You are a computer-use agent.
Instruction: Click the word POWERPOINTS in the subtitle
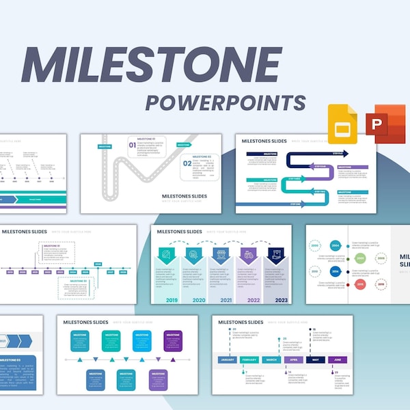[225, 102]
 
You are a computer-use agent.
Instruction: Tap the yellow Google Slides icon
[342, 124]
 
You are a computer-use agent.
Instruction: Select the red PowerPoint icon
[387, 124]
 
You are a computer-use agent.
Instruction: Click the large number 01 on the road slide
[131, 145]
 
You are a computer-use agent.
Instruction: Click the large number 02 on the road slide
[187, 164]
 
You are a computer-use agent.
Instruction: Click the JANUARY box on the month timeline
[228, 359]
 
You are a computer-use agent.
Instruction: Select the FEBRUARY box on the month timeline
[249, 359]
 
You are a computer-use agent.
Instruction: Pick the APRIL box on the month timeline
[292, 359]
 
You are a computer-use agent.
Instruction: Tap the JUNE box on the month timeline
[336, 359]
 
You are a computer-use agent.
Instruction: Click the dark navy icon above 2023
[277, 255]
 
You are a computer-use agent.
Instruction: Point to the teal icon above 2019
[167, 255]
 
